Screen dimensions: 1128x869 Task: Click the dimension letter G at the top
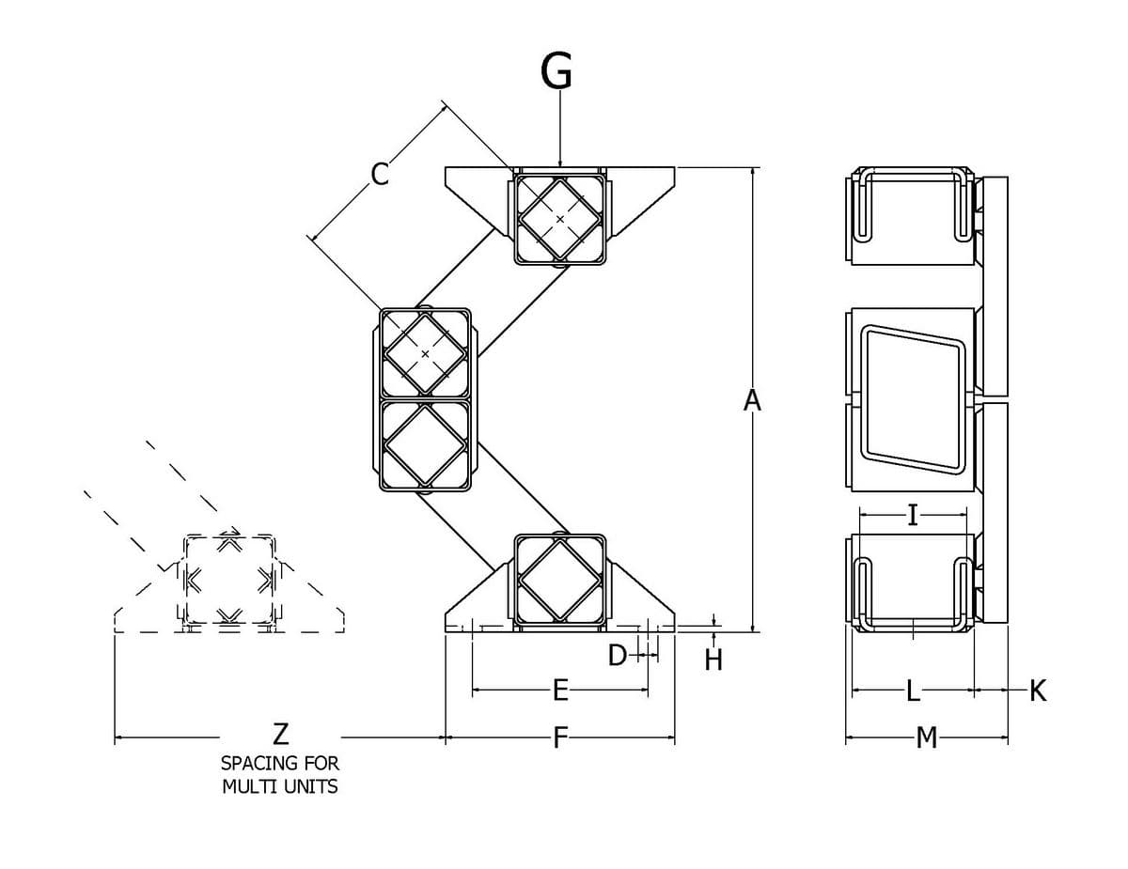pos(556,71)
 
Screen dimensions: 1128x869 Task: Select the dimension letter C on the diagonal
pos(380,174)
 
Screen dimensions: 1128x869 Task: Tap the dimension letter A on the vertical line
pos(752,400)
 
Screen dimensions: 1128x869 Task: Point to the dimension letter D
pos(618,655)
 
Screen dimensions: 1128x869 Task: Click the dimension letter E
pos(560,690)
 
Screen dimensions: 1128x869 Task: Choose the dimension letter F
pos(560,737)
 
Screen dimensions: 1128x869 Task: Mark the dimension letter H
pos(713,660)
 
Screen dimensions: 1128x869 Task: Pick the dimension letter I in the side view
pos(913,515)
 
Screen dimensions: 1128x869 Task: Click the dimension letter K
pos(1037,691)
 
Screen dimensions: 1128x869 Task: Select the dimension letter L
pos(913,691)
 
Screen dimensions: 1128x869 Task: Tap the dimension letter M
pos(927,737)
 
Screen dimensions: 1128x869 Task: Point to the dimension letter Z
pos(280,734)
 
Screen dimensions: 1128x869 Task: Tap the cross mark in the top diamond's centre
pos(559,219)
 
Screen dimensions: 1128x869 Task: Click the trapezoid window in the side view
pos(913,399)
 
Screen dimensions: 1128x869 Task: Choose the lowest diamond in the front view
pos(559,580)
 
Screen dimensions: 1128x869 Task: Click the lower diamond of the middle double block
pos(425,445)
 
